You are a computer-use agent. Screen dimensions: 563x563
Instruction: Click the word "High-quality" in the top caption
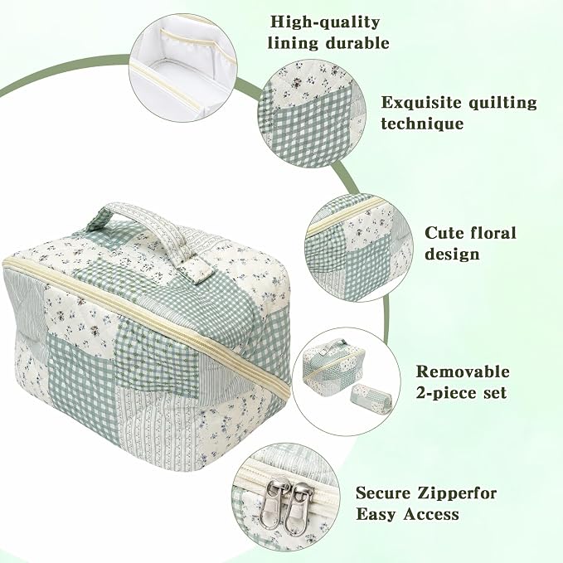324,22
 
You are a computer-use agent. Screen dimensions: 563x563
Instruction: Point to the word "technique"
422,124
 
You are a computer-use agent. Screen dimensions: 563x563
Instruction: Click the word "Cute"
446,233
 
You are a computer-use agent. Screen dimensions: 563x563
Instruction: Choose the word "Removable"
463,371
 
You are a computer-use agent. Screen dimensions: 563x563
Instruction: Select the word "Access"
431,514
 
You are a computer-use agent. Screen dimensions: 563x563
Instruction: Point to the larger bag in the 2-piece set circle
333,366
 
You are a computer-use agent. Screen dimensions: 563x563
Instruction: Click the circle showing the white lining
183,68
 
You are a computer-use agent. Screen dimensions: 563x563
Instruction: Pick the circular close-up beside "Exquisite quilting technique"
312,114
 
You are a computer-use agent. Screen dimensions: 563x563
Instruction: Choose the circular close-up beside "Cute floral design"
359,248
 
